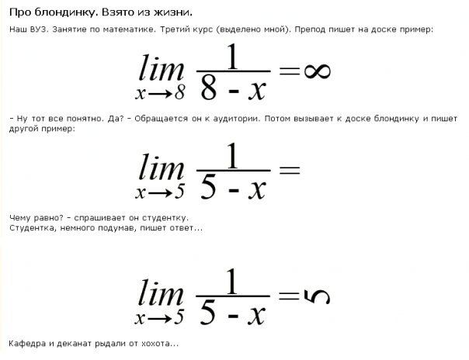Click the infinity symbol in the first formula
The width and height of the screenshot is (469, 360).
tap(318, 71)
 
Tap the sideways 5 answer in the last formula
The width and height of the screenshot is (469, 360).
tap(317, 297)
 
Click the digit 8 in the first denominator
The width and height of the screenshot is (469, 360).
tap(208, 88)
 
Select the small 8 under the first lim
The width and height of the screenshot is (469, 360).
tap(180, 94)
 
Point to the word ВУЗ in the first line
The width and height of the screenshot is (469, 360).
tap(39, 29)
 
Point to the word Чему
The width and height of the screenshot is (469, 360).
tap(19, 218)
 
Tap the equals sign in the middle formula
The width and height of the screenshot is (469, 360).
tap(289, 170)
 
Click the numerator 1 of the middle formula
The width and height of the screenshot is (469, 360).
tap(232, 156)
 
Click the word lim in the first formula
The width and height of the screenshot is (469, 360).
tap(162, 67)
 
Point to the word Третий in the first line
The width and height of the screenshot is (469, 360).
tap(173, 29)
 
